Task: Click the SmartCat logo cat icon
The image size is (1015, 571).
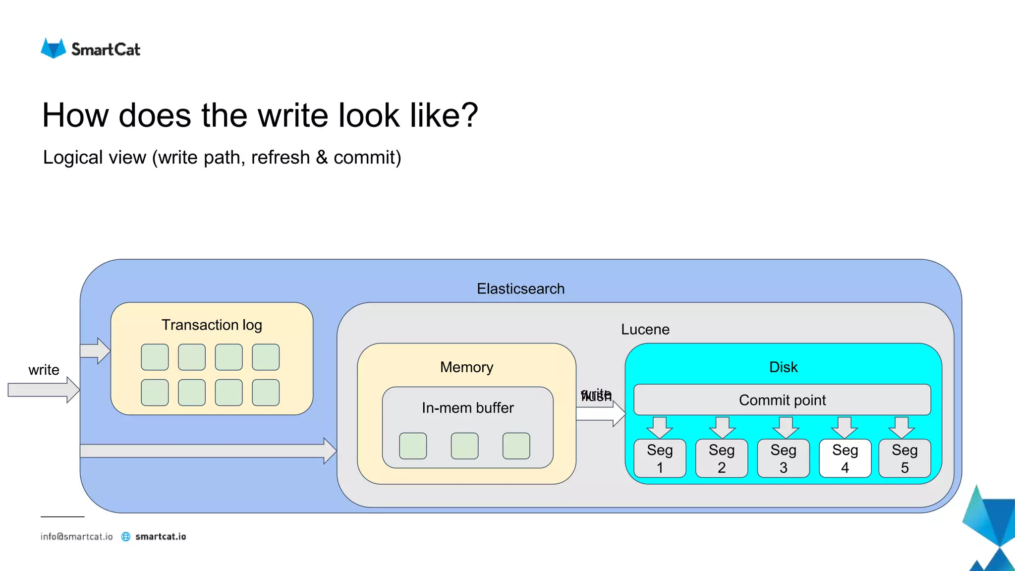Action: [53, 48]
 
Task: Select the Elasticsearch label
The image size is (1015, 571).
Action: [520, 288]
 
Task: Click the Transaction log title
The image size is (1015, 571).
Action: [212, 325]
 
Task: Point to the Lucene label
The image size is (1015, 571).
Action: [645, 329]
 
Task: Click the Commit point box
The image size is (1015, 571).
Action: [782, 400]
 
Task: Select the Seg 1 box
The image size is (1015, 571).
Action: [660, 458]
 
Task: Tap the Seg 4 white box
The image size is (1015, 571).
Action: [845, 458]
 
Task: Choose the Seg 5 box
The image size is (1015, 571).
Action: [904, 458]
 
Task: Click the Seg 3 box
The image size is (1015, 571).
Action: [783, 458]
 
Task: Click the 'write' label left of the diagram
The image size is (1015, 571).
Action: [44, 370]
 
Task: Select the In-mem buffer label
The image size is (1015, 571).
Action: [467, 407]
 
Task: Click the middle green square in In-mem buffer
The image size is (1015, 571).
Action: [464, 446]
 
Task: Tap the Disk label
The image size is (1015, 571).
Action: [783, 367]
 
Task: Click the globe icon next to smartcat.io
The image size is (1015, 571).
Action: [126, 536]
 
